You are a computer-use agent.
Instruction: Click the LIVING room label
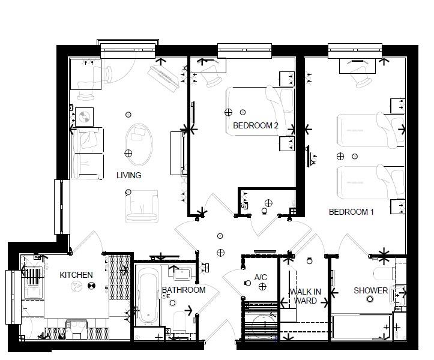pyautogui.click(x=128, y=175)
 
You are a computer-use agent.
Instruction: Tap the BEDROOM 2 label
pyautogui.click(x=256, y=125)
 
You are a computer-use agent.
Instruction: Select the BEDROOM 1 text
pyautogui.click(x=351, y=212)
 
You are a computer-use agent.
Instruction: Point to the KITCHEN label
pyautogui.click(x=76, y=275)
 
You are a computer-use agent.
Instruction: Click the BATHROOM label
pyautogui.click(x=184, y=290)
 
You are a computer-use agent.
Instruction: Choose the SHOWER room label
pyautogui.click(x=370, y=290)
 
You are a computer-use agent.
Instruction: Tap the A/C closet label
pyautogui.click(x=261, y=277)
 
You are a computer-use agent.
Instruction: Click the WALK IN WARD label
pyautogui.click(x=306, y=296)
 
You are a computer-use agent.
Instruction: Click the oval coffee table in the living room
pyautogui.click(x=139, y=145)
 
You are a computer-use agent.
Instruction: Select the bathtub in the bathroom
pyautogui.click(x=148, y=295)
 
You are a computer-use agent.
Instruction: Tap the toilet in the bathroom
pyautogui.click(x=179, y=322)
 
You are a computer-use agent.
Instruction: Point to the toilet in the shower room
pyautogui.click(x=384, y=274)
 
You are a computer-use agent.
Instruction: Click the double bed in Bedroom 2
pyautogui.click(x=260, y=112)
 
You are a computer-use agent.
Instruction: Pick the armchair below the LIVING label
pyautogui.click(x=142, y=206)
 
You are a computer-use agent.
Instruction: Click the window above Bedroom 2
pyautogui.click(x=244, y=51)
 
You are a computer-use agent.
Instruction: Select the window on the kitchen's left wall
pyautogui.click(x=13, y=297)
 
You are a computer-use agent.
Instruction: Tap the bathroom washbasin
pyautogui.click(x=182, y=274)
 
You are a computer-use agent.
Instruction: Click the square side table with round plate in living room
pyautogui.click(x=84, y=117)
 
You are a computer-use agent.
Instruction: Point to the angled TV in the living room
pyautogui.click(x=163, y=79)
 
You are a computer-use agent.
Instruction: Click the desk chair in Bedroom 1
pyautogui.click(x=361, y=79)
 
